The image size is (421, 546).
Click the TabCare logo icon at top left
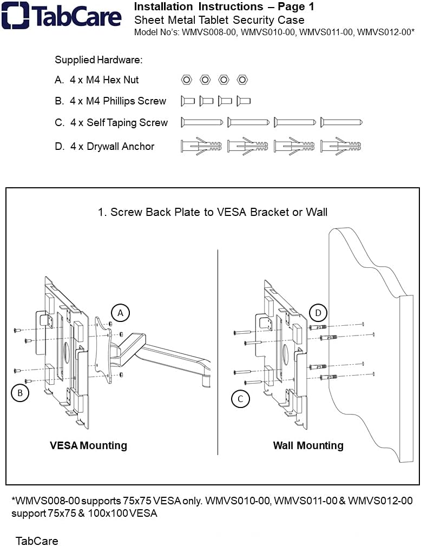tap(15, 15)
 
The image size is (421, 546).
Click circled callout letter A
tap(121, 313)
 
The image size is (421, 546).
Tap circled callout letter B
tap(20, 393)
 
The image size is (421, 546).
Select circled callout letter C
tap(240, 399)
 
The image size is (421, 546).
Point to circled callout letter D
tap(318, 313)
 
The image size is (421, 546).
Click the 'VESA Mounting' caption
tap(88, 445)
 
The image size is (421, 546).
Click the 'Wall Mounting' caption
tap(308, 445)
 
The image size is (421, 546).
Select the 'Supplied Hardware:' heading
tap(98, 60)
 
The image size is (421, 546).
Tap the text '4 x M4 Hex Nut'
tap(104, 80)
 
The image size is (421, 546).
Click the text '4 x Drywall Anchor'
tap(112, 146)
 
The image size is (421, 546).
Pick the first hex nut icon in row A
tap(186, 80)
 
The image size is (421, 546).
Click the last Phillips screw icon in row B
tap(244, 101)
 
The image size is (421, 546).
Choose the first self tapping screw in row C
tap(202, 122)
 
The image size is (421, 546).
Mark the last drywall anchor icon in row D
tap(341, 146)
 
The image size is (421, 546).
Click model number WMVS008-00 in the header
tap(210, 32)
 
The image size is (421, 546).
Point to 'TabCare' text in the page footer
tap(37, 541)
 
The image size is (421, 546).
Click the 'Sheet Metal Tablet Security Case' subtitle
tap(219, 20)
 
